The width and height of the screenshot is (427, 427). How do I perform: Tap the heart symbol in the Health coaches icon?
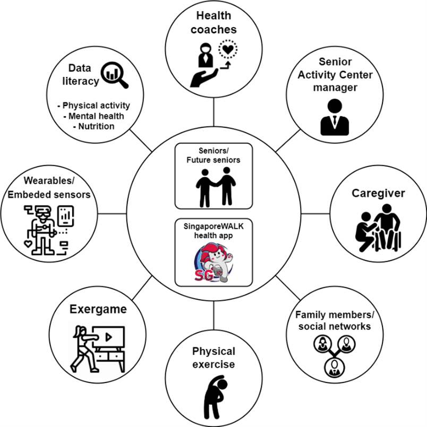point(228,52)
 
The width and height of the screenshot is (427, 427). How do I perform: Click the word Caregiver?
point(378,193)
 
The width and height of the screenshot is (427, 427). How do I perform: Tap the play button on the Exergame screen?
point(108,336)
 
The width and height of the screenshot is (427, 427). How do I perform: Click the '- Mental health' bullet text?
point(93,115)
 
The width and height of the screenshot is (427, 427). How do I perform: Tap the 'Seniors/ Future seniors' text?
point(213,155)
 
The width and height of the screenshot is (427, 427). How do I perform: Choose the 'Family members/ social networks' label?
point(333,320)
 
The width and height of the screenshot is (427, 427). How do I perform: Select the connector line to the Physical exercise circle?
point(213,318)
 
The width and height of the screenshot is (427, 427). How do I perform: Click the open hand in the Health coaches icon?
point(204,77)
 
